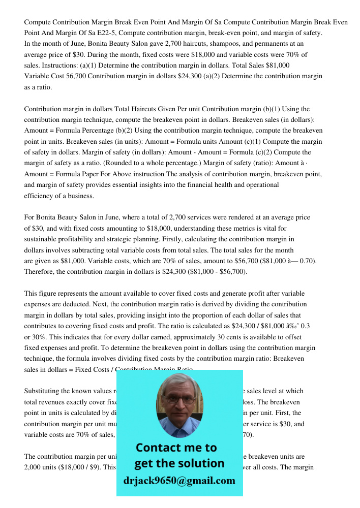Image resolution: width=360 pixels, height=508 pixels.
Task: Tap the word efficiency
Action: [x=39, y=196]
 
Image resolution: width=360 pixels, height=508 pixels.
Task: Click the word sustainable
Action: [x=42, y=239]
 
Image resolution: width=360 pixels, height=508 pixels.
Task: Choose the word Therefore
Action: [x=39, y=272]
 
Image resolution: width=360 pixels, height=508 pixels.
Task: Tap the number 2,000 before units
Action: [x=34, y=467]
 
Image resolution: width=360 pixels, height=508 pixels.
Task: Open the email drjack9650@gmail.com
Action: [x=179, y=481]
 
